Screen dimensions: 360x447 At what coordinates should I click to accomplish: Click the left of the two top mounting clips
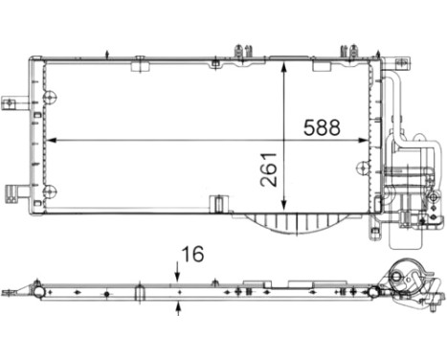[x=244, y=50]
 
